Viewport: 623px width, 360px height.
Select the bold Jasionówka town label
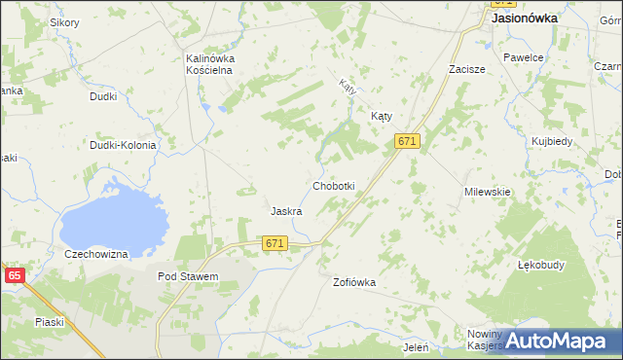coord(525,18)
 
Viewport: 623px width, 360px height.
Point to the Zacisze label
coord(466,70)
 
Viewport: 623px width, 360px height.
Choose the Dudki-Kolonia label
coord(123,145)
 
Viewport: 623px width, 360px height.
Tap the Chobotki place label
coord(333,186)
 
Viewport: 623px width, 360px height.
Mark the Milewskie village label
coord(488,192)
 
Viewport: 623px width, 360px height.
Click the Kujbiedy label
coord(552,141)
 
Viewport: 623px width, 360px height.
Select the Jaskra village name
coord(285,211)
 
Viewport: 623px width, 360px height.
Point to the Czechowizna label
coord(96,254)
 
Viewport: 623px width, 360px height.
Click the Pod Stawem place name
coord(187,276)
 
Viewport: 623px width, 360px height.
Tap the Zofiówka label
coord(353,282)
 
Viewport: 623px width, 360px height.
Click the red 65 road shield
coord(14,276)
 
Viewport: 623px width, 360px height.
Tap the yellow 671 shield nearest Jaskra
coord(275,243)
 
